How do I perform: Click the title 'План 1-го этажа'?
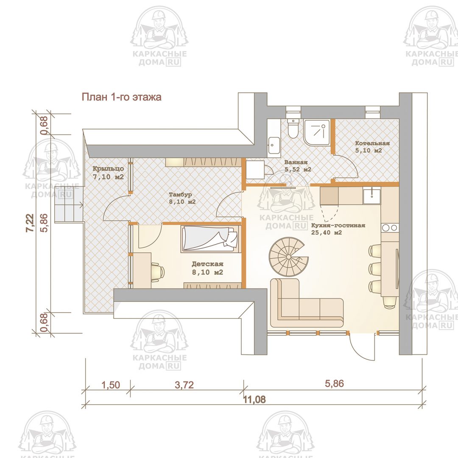click(x=121, y=97)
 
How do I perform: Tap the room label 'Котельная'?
click(x=372, y=143)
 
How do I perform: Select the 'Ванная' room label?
click(x=296, y=162)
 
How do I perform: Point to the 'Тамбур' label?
click(x=181, y=194)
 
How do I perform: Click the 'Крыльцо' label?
click(x=108, y=169)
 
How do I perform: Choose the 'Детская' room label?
click(x=207, y=264)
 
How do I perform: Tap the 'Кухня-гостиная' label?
click(x=338, y=226)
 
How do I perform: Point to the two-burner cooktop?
click(x=390, y=228)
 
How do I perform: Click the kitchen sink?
click(x=372, y=195)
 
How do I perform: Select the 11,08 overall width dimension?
click(x=254, y=399)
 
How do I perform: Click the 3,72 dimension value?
click(x=184, y=385)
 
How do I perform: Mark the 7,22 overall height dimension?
click(x=30, y=223)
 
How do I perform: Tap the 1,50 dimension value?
click(x=111, y=385)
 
